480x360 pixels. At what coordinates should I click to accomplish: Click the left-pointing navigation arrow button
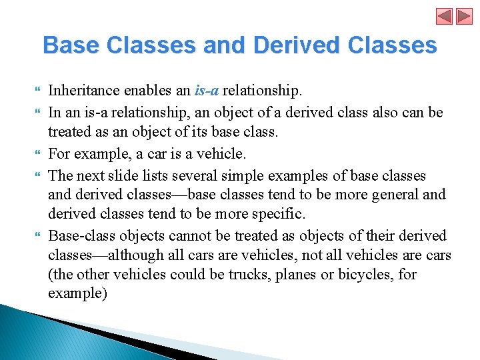click(445, 16)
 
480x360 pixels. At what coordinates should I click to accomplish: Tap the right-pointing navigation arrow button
click(464, 16)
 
